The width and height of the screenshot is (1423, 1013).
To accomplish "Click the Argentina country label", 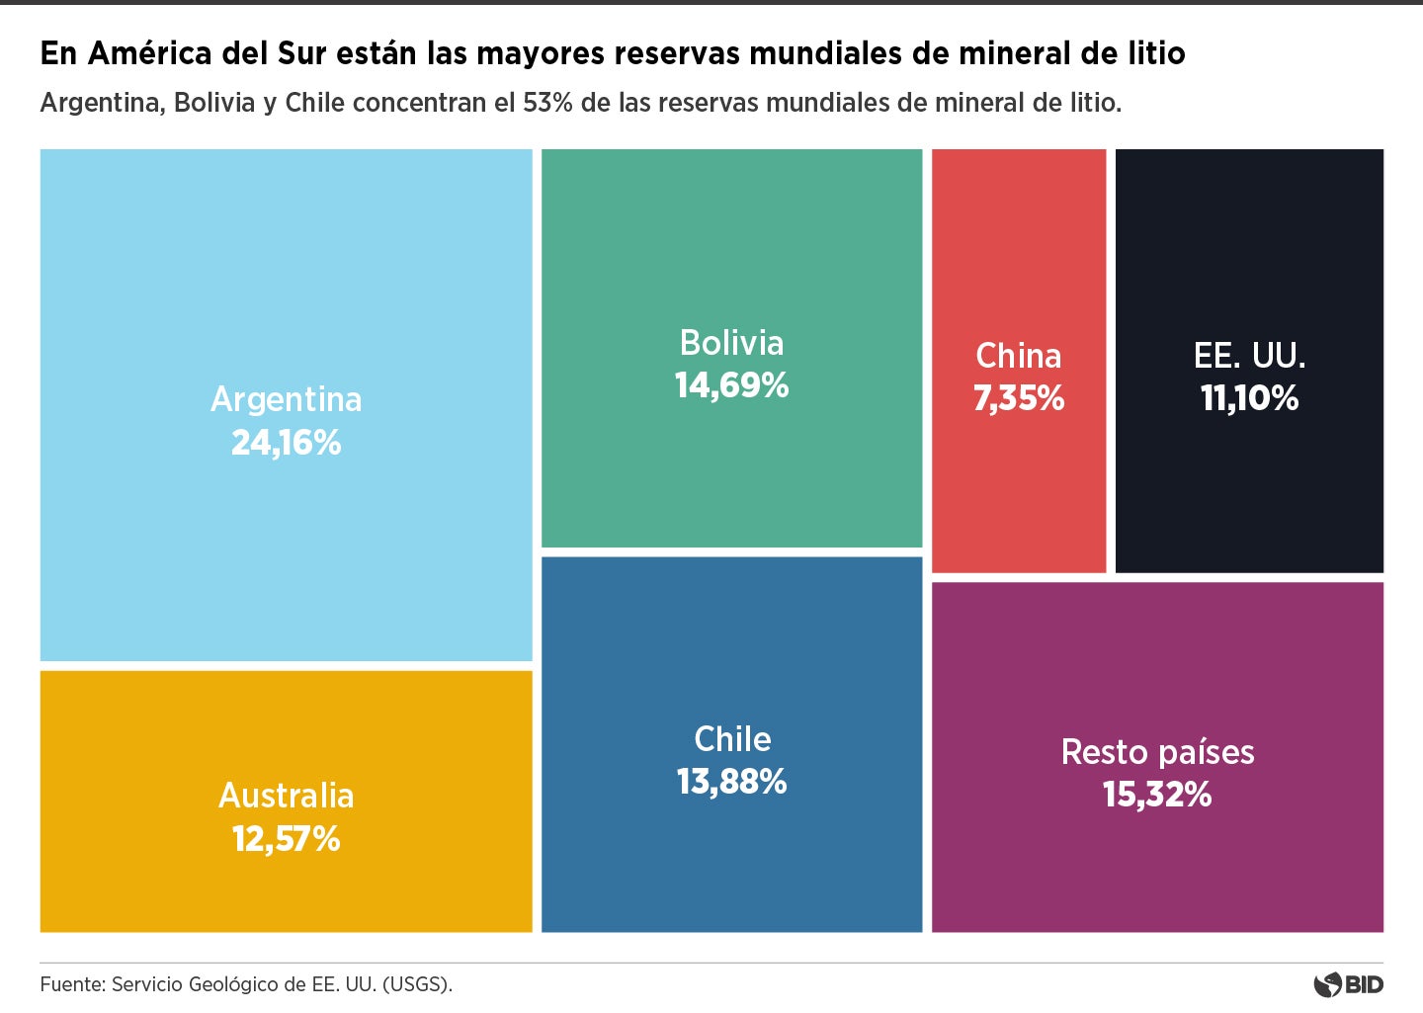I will [286, 399].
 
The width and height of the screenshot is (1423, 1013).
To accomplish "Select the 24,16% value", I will [286, 443].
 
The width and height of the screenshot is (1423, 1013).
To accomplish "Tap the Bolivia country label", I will [731, 343].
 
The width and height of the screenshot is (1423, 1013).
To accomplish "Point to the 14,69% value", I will [731, 385].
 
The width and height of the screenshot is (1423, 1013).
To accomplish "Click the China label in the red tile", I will [1018, 356].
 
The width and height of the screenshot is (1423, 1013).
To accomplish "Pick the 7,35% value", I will [1018, 398].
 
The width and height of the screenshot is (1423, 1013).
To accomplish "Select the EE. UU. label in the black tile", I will [1249, 356].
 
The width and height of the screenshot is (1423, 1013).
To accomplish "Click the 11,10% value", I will [1249, 398].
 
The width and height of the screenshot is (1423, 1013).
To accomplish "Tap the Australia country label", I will [286, 796].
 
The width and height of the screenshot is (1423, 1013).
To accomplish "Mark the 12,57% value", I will [286, 839].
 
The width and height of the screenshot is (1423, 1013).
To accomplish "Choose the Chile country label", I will [731, 739].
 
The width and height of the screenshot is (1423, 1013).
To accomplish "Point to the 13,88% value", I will [731, 782].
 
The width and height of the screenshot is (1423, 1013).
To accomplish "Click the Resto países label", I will [1157, 752].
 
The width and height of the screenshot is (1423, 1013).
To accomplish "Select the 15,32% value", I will [1157, 795].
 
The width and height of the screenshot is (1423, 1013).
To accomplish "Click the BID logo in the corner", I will [1349, 984].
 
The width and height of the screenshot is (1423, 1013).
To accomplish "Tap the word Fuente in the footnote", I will [72, 984].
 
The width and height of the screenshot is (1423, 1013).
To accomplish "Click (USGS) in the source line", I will [416, 984].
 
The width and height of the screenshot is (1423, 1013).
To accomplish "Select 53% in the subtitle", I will [547, 103].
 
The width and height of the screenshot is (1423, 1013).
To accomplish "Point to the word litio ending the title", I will [1156, 53].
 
